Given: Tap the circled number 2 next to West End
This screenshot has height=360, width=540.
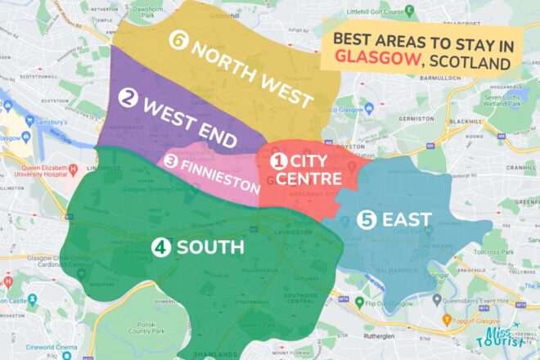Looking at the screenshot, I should (x=127, y=98).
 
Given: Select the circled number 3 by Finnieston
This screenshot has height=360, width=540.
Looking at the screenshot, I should (x=171, y=160).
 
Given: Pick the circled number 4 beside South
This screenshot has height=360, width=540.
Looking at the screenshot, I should (x=161, y=246).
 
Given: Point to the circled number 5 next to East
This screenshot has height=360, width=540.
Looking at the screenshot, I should (x=368, y=218).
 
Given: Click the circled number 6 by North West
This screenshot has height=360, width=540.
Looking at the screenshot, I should (x=179, y=39).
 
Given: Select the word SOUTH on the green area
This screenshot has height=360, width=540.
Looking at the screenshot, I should (x=210, y=246).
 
